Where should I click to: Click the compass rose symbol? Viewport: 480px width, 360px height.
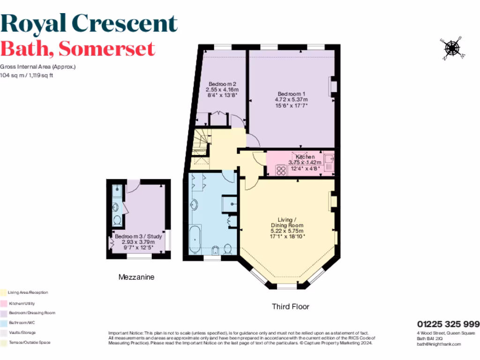[452, 48]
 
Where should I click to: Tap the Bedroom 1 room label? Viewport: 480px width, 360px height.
[291, 93]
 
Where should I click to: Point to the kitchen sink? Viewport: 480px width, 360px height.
[329, 162]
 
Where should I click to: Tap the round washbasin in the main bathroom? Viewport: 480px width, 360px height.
[195, 205]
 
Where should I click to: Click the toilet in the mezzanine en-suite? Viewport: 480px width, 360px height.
[117, 221]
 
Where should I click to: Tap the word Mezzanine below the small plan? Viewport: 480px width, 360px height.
[136, 277]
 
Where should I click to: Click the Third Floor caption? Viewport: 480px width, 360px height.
[291, 307]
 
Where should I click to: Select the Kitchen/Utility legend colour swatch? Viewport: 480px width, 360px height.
[3, 303]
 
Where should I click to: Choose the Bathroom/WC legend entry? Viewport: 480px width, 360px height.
[28, 322]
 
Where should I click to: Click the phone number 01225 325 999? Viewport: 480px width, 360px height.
[448, 324]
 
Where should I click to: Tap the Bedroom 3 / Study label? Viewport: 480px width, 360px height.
[139, 236]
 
